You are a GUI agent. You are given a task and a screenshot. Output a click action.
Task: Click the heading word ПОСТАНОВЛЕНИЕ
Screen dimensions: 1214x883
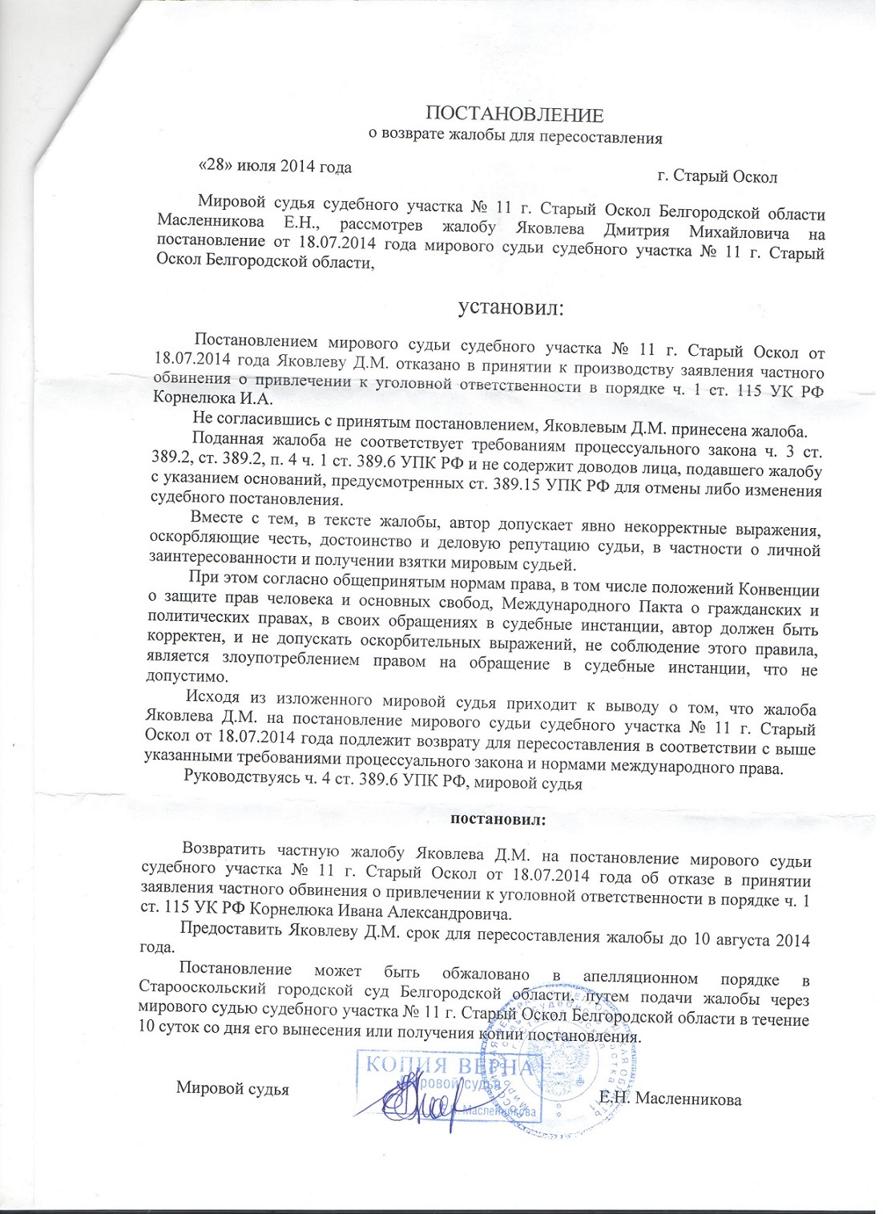[x=513, y=114]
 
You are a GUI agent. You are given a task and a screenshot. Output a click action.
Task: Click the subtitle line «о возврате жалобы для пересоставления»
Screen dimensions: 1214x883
[x=514, y=137]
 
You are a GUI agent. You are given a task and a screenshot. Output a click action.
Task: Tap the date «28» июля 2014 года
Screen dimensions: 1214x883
[x=275, y=167]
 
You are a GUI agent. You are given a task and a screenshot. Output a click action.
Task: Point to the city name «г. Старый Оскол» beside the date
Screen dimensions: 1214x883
[x=716, y=176]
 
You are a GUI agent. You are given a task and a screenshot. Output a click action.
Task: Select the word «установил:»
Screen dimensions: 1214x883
[x=510, y=307]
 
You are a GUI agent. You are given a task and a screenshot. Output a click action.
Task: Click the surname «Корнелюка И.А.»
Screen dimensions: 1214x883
[x=212, y=398]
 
